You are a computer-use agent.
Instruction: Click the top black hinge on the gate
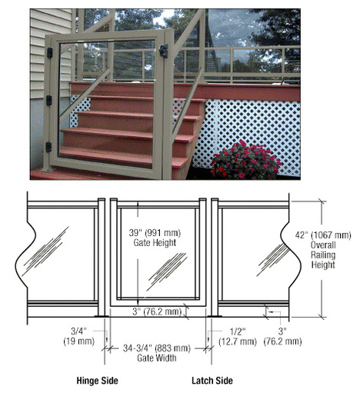[x=50, y=52]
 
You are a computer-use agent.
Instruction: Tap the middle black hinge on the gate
[x=48, y=101]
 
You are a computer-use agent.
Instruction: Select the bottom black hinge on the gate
[x=48, y=147]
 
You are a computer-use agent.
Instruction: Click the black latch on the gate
[x=164, y=51]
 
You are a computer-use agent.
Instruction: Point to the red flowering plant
[x=245, y=160]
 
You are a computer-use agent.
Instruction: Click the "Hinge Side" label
[x=98, y=381]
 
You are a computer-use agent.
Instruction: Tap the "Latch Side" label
[x=212, y=381]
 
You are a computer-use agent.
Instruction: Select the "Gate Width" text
[x=157, y=358]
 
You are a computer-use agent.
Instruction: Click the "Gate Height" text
[x=155, y=243]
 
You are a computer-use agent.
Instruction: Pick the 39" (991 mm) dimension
[x=155, y=233]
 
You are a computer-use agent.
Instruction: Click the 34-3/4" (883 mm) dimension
[x=157, y=348]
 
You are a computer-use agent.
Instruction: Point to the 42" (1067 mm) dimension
[x=323, y=235]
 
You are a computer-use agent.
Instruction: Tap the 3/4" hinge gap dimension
[x=78, y=331]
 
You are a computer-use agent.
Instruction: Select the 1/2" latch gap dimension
[x=238, y=331]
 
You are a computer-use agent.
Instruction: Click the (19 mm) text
[x=79, y=341]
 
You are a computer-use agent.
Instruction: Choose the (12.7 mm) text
[x=238, y=341]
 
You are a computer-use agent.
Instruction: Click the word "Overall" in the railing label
[x=323, y=245]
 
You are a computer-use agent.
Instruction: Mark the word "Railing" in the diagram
[x=323, y=255]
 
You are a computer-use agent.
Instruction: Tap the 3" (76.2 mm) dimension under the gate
[x=157, y=311]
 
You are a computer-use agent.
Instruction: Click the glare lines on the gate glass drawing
[x=167, y=271]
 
